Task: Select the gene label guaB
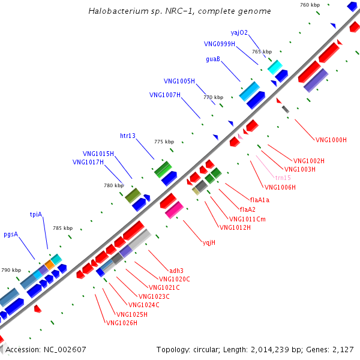(213, 59)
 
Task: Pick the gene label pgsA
(11, 234)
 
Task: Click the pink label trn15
(283, 178)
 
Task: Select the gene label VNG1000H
(331, 140)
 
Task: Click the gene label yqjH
(209, 243)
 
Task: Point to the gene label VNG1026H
(122, 323)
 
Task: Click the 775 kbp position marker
(164, 142)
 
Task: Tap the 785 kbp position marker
(62, 228)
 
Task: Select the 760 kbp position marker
(310, 5)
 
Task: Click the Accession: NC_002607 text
(46, 349)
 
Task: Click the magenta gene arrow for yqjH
(174, 210)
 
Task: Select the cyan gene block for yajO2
(275, 67)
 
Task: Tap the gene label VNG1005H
(179, 80)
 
